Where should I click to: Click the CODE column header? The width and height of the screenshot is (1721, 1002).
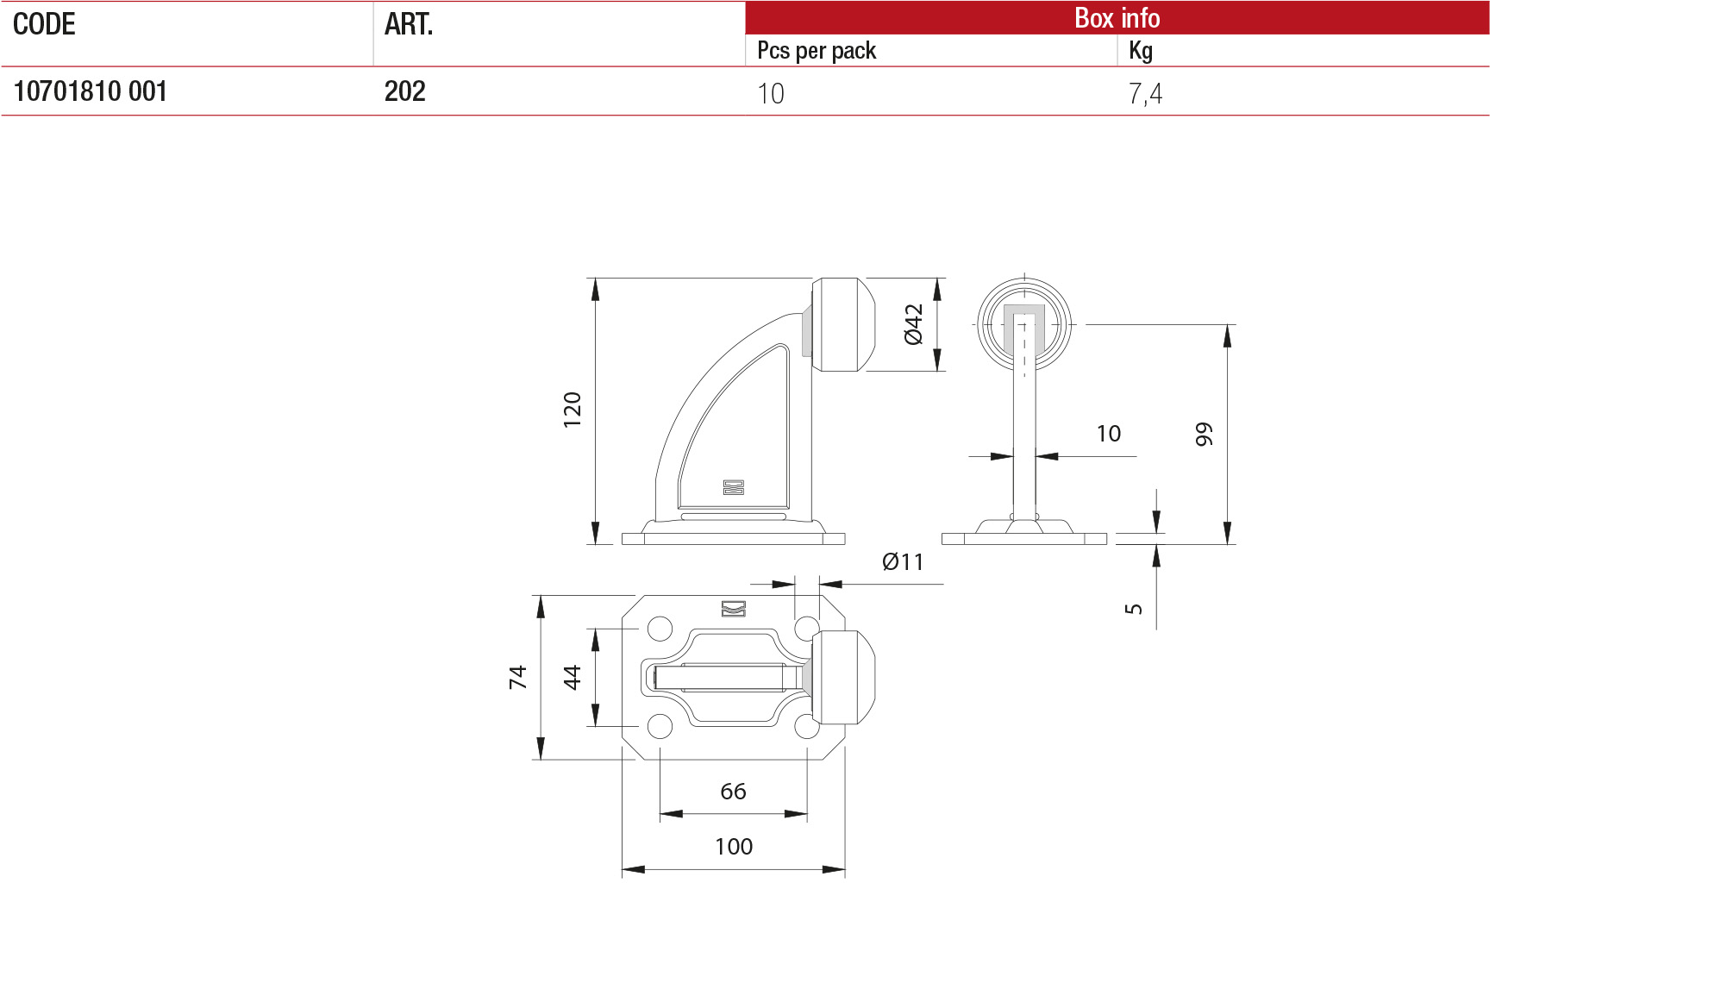[44, 24]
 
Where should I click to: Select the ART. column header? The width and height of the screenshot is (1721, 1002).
[408, 24]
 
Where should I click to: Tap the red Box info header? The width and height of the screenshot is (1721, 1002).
[1117, 17]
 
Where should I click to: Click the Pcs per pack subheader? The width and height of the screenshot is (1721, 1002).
[816, 51]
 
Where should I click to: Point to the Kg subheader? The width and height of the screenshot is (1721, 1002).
[1140, 51]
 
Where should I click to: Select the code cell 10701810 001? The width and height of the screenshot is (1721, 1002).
[90, 91]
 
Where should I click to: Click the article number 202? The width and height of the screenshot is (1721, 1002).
[404, 91]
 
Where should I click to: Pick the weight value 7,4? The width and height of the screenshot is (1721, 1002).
[1145, 93]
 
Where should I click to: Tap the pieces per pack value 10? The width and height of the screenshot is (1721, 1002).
[770, 93]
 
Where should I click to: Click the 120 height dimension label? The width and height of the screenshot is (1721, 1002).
[573, 410]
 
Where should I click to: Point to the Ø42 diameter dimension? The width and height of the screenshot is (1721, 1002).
[914, 324]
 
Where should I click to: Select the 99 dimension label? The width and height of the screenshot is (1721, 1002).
[1204, 434]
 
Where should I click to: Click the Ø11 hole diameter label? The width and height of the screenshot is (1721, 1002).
[903, 562]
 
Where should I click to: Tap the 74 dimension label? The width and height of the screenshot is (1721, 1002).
[517, 677]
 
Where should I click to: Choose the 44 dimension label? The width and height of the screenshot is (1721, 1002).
[573, 677]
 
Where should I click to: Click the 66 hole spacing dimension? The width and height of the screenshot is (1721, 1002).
[733, 791]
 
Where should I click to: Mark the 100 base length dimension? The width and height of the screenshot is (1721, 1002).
[733, 846]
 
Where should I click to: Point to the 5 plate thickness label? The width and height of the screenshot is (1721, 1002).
[1134, 608]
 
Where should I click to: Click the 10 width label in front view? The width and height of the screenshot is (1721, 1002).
[1108, 433]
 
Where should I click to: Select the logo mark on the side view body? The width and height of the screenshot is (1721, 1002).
[733, 487]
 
